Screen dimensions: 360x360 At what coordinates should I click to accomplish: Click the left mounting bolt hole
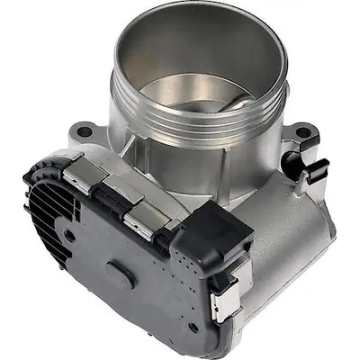(85, 131)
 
